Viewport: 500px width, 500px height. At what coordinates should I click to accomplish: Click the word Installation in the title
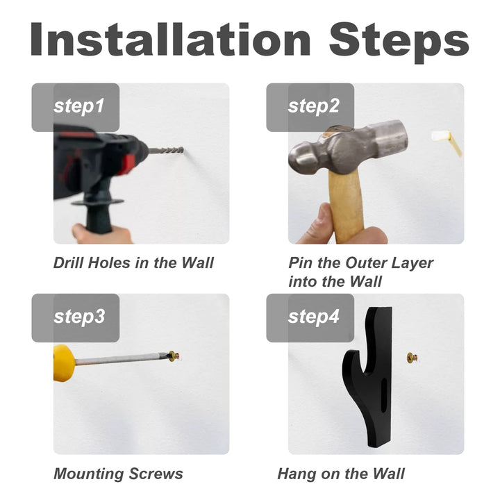tap(170, 40)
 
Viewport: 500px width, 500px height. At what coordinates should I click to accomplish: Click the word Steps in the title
tap(399, 43)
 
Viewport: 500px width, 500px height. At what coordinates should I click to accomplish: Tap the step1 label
tap(78, 106)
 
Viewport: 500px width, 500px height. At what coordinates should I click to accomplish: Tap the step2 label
tap(313, 106)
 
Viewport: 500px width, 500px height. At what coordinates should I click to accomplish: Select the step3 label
tap(79, 317)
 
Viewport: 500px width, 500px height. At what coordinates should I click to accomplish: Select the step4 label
tap(313, 317)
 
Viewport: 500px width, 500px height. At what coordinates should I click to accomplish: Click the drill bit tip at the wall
tap(183, 149)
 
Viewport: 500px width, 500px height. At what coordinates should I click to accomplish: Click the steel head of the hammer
tap(348, 149)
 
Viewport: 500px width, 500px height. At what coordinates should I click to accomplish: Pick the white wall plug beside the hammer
tap(447, 142)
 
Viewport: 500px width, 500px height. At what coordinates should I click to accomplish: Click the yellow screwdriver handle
tap(64, 363)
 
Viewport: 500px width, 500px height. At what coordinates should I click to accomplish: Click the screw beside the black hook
tap(412, 358)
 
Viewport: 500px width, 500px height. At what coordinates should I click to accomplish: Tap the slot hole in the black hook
tap(384, 394)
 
